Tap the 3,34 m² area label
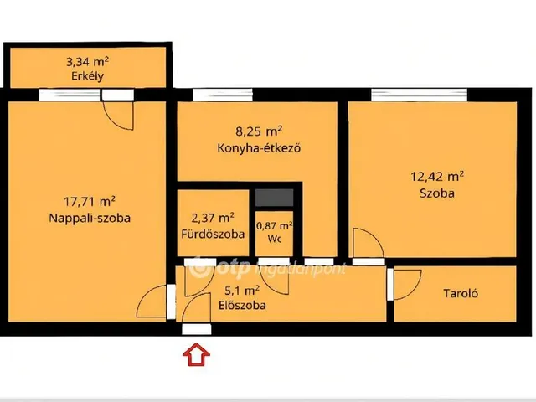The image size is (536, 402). click(x=87, y=62)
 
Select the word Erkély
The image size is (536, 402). click(x=87, y=76)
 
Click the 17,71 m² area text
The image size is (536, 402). click(x=90, y=201)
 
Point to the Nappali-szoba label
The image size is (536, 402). click(x=90, y=218)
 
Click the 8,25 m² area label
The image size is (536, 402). click(x=259, y=131)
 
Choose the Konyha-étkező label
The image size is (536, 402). click(x=259, y=148)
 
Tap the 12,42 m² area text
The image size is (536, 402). click(x=437, y=177)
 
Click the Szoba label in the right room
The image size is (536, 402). click(x=437, y=193)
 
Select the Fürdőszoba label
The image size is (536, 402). click(x=213, y=234)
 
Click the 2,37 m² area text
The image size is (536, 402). click(x=213, y=218)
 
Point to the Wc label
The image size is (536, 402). click(x=275, y=239)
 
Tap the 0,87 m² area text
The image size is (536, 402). click(x=275, y=226)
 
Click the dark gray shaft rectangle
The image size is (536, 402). click(x=275, y=198)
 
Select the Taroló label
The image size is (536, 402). click(x=461, y=293)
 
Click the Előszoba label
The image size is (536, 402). click(x=242, y=305)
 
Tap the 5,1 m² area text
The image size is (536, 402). click(x=242, y=291)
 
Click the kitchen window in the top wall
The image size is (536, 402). click(x=223, y=95)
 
